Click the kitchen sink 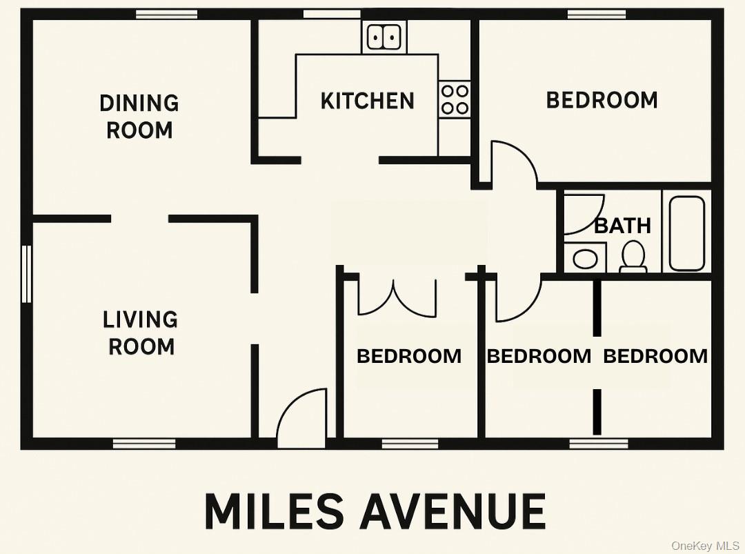384,37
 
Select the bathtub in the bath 686,233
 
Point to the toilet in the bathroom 633,256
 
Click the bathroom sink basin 585,259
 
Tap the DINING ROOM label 139,117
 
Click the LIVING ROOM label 141,333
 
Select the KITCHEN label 368,101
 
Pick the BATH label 622,226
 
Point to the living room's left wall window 27,274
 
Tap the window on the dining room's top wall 166,14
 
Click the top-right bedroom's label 602,100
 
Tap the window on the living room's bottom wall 144,443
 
